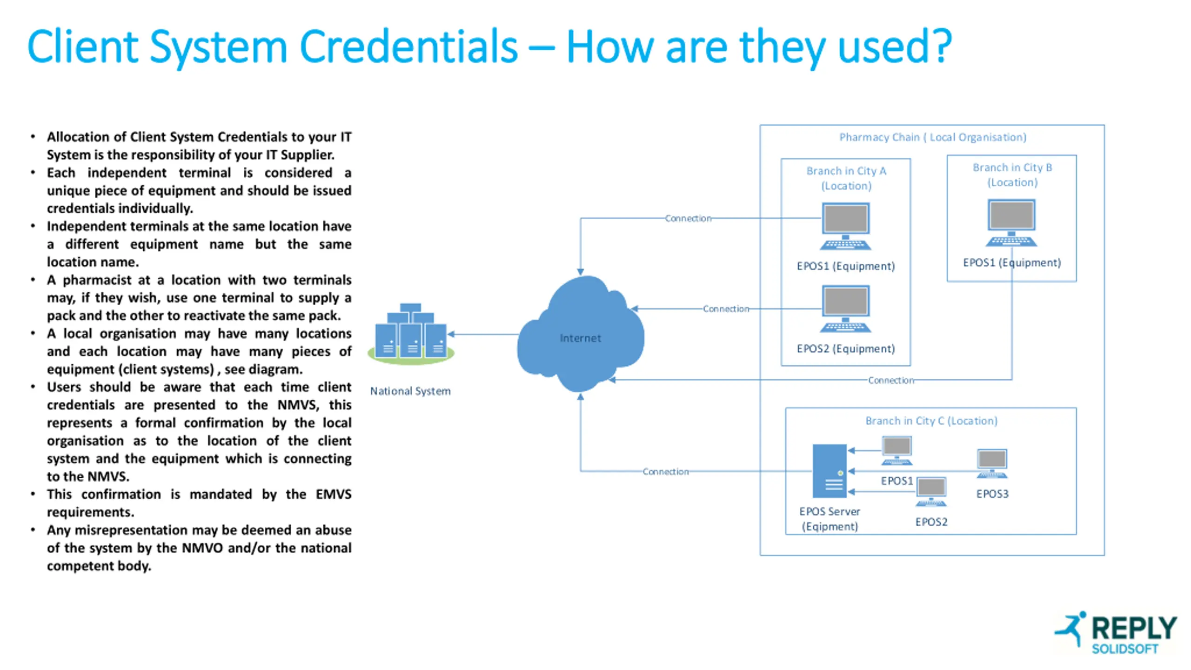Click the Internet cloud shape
tap(580, 335)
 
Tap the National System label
tap(410, 391)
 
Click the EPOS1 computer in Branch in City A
tap(845, 226)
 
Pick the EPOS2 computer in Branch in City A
tap(845, 308)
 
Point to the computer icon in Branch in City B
tap(1011, 223)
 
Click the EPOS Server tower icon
tap(830, 471)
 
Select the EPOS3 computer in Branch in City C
tap(992, 463)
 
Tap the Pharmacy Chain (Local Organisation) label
tap(932, 137)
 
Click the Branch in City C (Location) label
tap(931, 421)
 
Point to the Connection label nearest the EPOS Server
tap(665, 471)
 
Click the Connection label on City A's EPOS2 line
tap(726, 308)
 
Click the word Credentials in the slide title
tap(408, 47)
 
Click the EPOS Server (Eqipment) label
tap(830, 519)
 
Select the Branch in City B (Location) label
tap(1012, 175)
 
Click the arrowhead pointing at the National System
tap(450, 334)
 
